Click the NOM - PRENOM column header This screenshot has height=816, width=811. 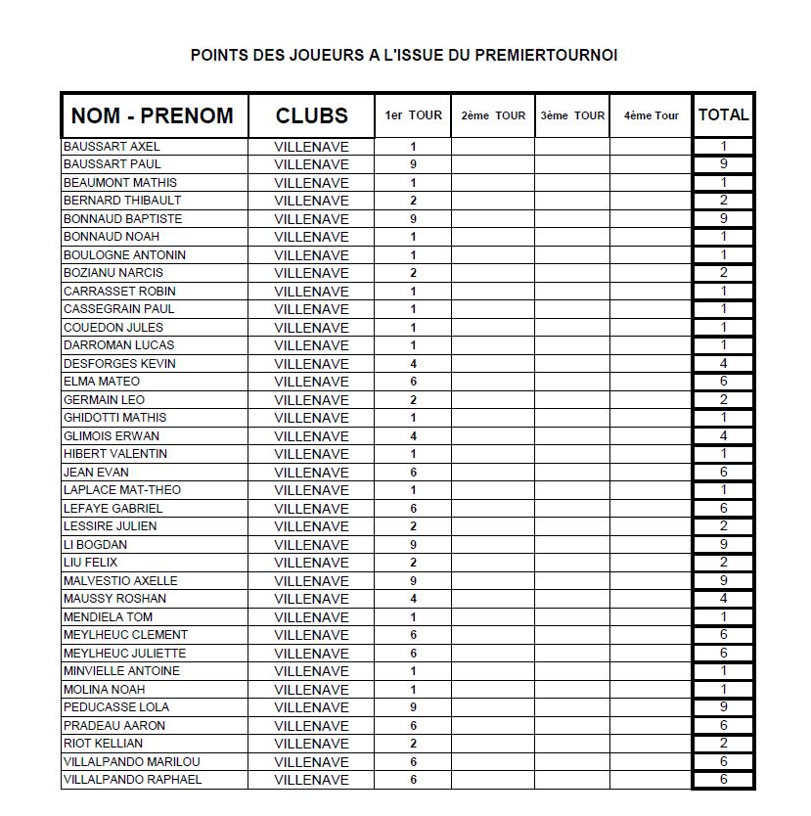point(153,115)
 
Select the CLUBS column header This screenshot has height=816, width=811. point(311,115)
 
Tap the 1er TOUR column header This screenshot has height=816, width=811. point(413,115)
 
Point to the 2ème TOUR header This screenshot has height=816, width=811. point(493,115)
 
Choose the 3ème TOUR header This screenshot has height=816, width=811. point(572,115)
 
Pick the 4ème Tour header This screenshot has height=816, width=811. point(651,115)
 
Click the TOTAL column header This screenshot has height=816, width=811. point(723,114)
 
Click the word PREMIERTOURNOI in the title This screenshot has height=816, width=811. point(546,56)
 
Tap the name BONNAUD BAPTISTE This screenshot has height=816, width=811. point(122,218)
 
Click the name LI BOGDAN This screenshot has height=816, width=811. point(95,544)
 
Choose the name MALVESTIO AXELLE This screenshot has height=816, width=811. point(120,580)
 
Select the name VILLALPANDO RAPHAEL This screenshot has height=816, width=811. point(132,779)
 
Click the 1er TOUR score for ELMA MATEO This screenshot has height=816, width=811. point(413,382)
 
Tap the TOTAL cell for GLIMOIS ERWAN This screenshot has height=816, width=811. point(723,435)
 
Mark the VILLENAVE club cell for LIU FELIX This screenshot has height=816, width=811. point(311,563)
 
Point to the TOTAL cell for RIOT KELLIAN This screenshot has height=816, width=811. point(723,744)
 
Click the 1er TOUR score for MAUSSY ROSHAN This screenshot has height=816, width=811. point(413,599)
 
